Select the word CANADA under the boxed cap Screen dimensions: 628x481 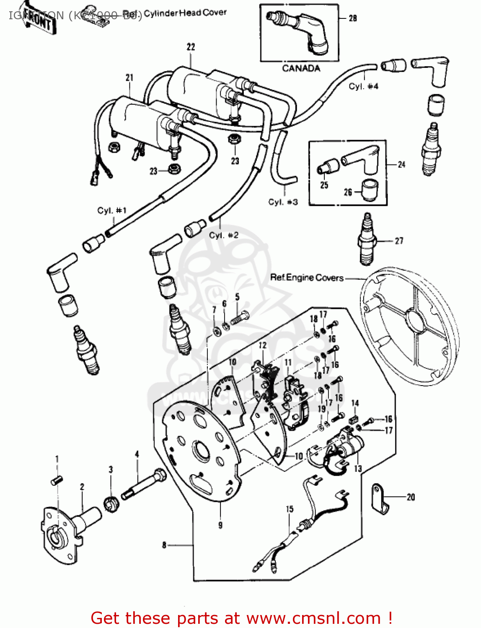[301, 68]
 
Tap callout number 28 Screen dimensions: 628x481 [353, 18]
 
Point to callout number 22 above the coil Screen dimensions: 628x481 [191, 47]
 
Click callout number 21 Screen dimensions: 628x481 [129, 77]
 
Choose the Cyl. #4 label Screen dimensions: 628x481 [363, 86]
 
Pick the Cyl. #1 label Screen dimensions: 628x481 [111, 210]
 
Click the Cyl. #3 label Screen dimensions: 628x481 [283, 202]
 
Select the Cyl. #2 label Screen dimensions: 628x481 [224, 235]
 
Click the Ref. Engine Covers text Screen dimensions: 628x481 [307, 278]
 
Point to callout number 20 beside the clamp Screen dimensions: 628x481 [411, 497]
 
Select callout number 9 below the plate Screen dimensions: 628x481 [220, 525]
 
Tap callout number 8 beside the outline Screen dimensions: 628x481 [164, 545]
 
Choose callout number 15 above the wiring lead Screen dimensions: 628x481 [290, 509]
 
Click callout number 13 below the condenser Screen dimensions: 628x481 [357, 468]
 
